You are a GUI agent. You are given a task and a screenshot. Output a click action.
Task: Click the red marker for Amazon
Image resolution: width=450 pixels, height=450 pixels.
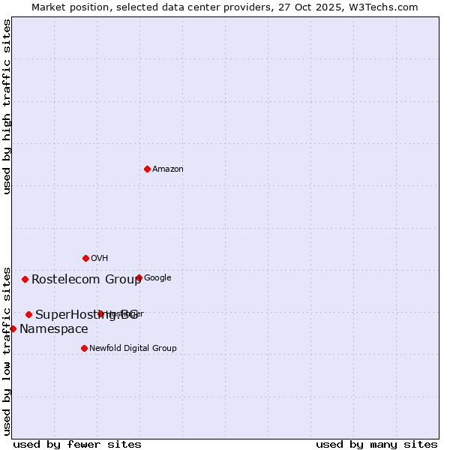coord(147,169)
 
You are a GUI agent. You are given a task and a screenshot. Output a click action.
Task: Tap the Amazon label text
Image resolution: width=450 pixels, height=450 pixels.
coord(168,169)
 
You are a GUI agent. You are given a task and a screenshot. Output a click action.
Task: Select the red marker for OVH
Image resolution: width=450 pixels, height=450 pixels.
coord(85,258)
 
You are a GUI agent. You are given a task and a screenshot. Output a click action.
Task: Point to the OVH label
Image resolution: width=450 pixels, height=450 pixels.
coord(100,259)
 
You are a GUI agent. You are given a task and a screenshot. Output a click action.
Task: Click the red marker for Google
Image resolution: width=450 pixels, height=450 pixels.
coord(139,277)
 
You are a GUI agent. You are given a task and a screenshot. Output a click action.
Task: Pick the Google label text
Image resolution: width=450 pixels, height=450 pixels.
coord(157,278)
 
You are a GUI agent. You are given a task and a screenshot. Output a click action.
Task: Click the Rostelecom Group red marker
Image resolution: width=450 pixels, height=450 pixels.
coord(25,279)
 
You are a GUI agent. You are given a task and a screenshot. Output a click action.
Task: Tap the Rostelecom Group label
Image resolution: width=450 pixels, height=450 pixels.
coord(86,280)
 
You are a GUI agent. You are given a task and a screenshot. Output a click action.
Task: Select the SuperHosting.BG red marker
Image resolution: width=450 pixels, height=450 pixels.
coord(28,314)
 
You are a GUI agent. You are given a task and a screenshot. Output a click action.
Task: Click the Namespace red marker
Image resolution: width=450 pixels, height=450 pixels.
coord(13,328)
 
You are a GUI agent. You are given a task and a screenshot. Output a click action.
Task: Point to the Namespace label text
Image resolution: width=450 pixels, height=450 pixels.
coord(53,329)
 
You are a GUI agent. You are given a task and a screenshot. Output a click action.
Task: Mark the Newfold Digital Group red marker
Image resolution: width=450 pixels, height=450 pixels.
coord(84,348)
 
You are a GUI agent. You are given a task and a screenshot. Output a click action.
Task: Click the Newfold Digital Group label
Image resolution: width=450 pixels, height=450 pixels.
coord(133,348)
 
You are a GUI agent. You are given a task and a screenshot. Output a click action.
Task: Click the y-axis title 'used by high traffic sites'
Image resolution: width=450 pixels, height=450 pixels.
coord(7,106)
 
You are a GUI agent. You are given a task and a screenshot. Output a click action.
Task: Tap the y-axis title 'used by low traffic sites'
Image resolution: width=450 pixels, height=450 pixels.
coord(7,350)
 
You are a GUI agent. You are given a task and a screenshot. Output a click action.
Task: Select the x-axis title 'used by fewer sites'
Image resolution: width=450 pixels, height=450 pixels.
coord(77,444)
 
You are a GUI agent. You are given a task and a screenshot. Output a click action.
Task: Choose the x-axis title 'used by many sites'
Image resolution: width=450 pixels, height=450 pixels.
coord(376,444)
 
